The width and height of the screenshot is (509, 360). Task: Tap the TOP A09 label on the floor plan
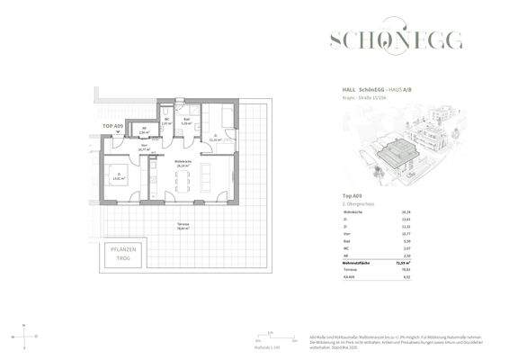point(112,125)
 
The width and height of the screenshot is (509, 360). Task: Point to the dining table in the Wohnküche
point(185,179)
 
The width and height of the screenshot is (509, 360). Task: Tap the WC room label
point(166,122)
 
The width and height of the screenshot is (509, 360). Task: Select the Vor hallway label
point(143,147)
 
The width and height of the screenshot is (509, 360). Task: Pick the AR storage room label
point(144,130)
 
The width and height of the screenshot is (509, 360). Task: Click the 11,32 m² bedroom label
point(214,139)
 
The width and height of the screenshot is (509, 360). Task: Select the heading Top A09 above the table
point(353,195)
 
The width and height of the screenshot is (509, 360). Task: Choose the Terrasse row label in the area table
point(352,268)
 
